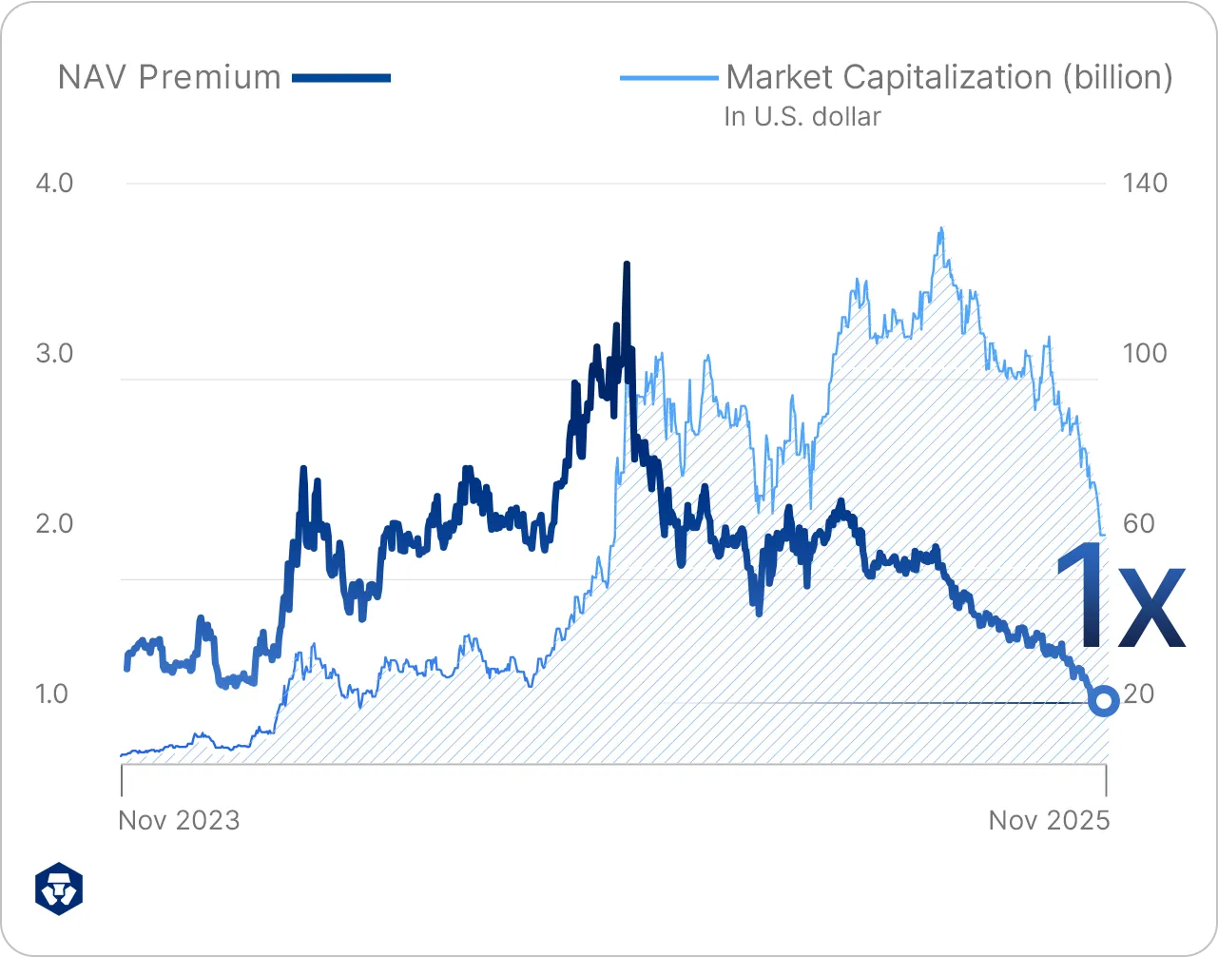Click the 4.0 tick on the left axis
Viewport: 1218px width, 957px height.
(54, 183)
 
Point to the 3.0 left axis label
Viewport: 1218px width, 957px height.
(54, 353)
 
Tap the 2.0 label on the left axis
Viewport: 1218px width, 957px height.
(54, 523)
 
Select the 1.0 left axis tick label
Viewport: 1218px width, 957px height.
(54, 693)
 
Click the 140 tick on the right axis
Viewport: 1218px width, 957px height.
(1145, 183)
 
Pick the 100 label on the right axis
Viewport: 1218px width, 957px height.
(1145, 353)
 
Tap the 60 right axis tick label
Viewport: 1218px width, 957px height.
(1138, 523)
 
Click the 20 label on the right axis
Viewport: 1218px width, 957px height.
(1138, 693)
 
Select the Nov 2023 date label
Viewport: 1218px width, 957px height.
(179, 820)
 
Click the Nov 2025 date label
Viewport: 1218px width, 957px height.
(1049, 820)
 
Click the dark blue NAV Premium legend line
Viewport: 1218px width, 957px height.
(341, 78)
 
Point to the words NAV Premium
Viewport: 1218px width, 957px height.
(169, 78)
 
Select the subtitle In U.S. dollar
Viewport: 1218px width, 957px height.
(802, 117)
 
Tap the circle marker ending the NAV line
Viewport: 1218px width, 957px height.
(1104, 702)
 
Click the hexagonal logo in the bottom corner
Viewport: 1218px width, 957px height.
(59, 889)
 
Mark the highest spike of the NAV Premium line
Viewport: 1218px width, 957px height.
(627, 264)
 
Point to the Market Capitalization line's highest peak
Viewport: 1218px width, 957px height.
(940, 229)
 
